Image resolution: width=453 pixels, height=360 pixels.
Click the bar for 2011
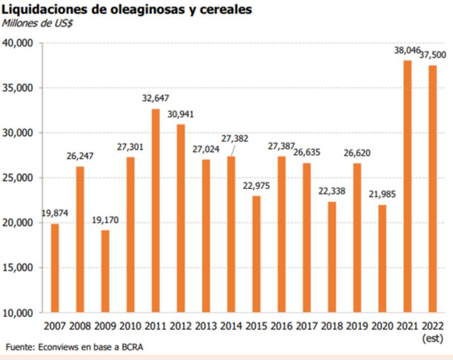(155, 210)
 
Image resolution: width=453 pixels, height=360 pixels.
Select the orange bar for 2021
(407, 186)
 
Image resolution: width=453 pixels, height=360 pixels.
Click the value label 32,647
(155, 99)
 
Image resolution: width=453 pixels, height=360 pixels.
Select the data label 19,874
(55, 213)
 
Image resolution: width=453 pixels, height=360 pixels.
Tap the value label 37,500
(433, 54)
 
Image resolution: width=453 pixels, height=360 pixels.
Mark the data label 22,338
(332, 191)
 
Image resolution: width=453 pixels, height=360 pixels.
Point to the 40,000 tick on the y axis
(20, 43)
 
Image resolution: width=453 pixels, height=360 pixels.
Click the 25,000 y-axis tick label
(20, 178)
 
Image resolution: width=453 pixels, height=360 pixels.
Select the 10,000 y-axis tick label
(20, 312)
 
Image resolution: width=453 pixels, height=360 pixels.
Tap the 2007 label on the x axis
(55, 327)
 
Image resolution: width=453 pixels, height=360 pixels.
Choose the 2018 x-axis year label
(332, 327)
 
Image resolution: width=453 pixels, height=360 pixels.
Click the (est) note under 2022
(433, 338)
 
